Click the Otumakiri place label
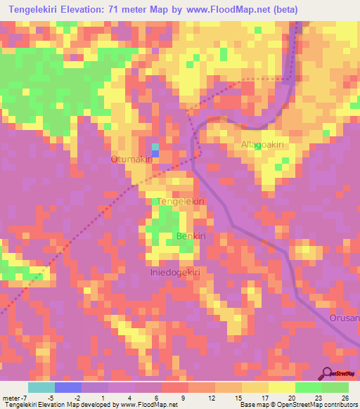coord(131,160)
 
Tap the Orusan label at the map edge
coord(344,318)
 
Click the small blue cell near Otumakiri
coord(155,153)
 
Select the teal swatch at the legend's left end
coord(41,387)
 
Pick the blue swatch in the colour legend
coord(68,387)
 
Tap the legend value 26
coord(344,397)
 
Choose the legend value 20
coord(291,397)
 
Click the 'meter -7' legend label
coord(14,397)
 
